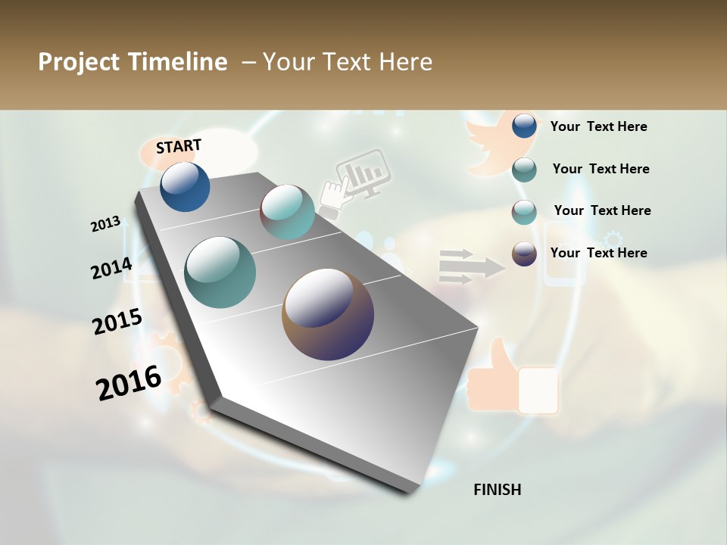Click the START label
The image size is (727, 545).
(179, 146)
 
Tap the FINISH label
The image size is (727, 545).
(497, 490)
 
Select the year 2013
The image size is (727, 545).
(105, 224)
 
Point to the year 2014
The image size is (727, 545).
(111, 268)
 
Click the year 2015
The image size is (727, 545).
(117, 322)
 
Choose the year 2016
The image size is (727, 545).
(129, 382)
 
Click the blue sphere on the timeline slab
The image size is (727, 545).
(185, 186)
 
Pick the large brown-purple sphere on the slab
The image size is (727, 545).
(327, 313)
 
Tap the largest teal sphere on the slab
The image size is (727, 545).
(220, 272)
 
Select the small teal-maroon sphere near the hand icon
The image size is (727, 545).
(287, 211)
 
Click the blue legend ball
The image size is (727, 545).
(524, 126)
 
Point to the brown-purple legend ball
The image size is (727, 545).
(524, 254)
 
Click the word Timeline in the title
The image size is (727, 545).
(179, 62)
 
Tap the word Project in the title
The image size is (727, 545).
(78, 62)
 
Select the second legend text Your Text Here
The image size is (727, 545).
(601, 169)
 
